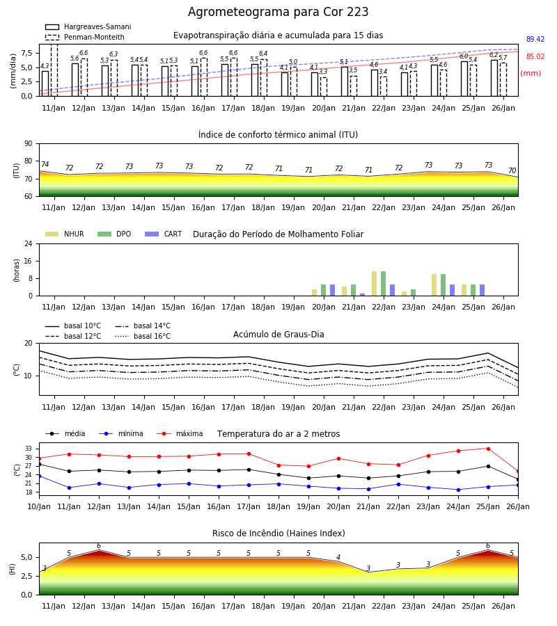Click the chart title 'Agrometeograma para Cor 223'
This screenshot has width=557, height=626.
pyautogui.click(x=278, y=12)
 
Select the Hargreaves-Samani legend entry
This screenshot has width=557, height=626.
pyautogui.click(x=88, y=26)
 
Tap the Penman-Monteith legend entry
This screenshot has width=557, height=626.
pyautogui.click(x=85, y=37)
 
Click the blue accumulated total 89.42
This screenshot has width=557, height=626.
pyautogui.click(x=535, y=39)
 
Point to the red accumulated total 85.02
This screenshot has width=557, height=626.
pyautogui.click(x=535, y=57)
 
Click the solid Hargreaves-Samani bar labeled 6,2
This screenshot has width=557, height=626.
pyautogui.click(x=494, y=78)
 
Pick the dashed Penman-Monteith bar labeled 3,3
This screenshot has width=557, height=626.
pyautogui.click(x=323, y=87)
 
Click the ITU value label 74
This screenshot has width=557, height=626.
pyautogui.click(x=45, y=164)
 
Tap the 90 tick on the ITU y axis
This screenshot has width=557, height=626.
pyautogui.click(x=28, y=144)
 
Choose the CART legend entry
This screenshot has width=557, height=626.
pyautogui.click(x=163, y=234)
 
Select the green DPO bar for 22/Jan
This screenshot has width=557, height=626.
pyautogui.click(x=383, y=284)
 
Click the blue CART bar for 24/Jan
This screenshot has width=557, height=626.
pyautogui.click(x=453, y=290)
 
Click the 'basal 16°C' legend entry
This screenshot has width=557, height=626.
pyautogui.click(x=143, y=336)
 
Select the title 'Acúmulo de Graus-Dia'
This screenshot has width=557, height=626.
pyautogui.click(x=278, y=335)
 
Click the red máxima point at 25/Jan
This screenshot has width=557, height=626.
pyautogui.click(x=488, y=449)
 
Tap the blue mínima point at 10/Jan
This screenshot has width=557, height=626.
pyautogui.click(x=40, y=476)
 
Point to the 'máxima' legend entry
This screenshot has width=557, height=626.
pyautogui.click(x=180, y=433)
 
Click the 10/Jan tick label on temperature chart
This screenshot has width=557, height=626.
pyautogui.click(x=39, y=506)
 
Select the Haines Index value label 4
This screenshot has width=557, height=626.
pyautogui.click(x=338, y=557)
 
